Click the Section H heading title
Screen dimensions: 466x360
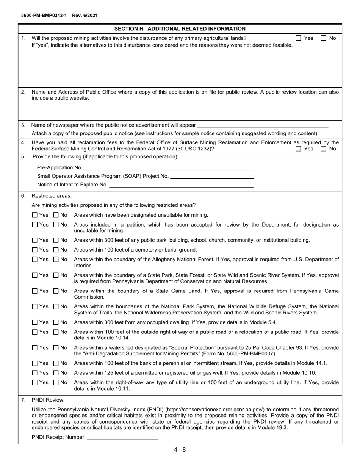point(180,28)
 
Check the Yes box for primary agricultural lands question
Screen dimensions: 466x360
point(298,38)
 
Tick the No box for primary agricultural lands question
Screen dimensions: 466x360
point(324,38)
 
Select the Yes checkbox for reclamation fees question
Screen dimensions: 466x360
point(298,149)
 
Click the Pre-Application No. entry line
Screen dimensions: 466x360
point(169,167)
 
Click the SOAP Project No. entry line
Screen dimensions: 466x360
point(212,176)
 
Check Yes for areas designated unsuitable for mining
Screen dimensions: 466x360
point(35,215)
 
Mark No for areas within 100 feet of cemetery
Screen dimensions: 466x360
point(56,250)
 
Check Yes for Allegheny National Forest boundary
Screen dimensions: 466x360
point(35,260)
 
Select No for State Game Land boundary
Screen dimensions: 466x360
point(56,291)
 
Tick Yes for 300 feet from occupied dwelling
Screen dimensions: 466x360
point(35,322)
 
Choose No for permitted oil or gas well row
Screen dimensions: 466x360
point(56,373)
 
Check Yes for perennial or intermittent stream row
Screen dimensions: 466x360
point(35,363)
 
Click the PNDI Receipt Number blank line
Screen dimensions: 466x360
point(122,437)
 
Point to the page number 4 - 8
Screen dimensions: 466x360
point(180,450)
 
